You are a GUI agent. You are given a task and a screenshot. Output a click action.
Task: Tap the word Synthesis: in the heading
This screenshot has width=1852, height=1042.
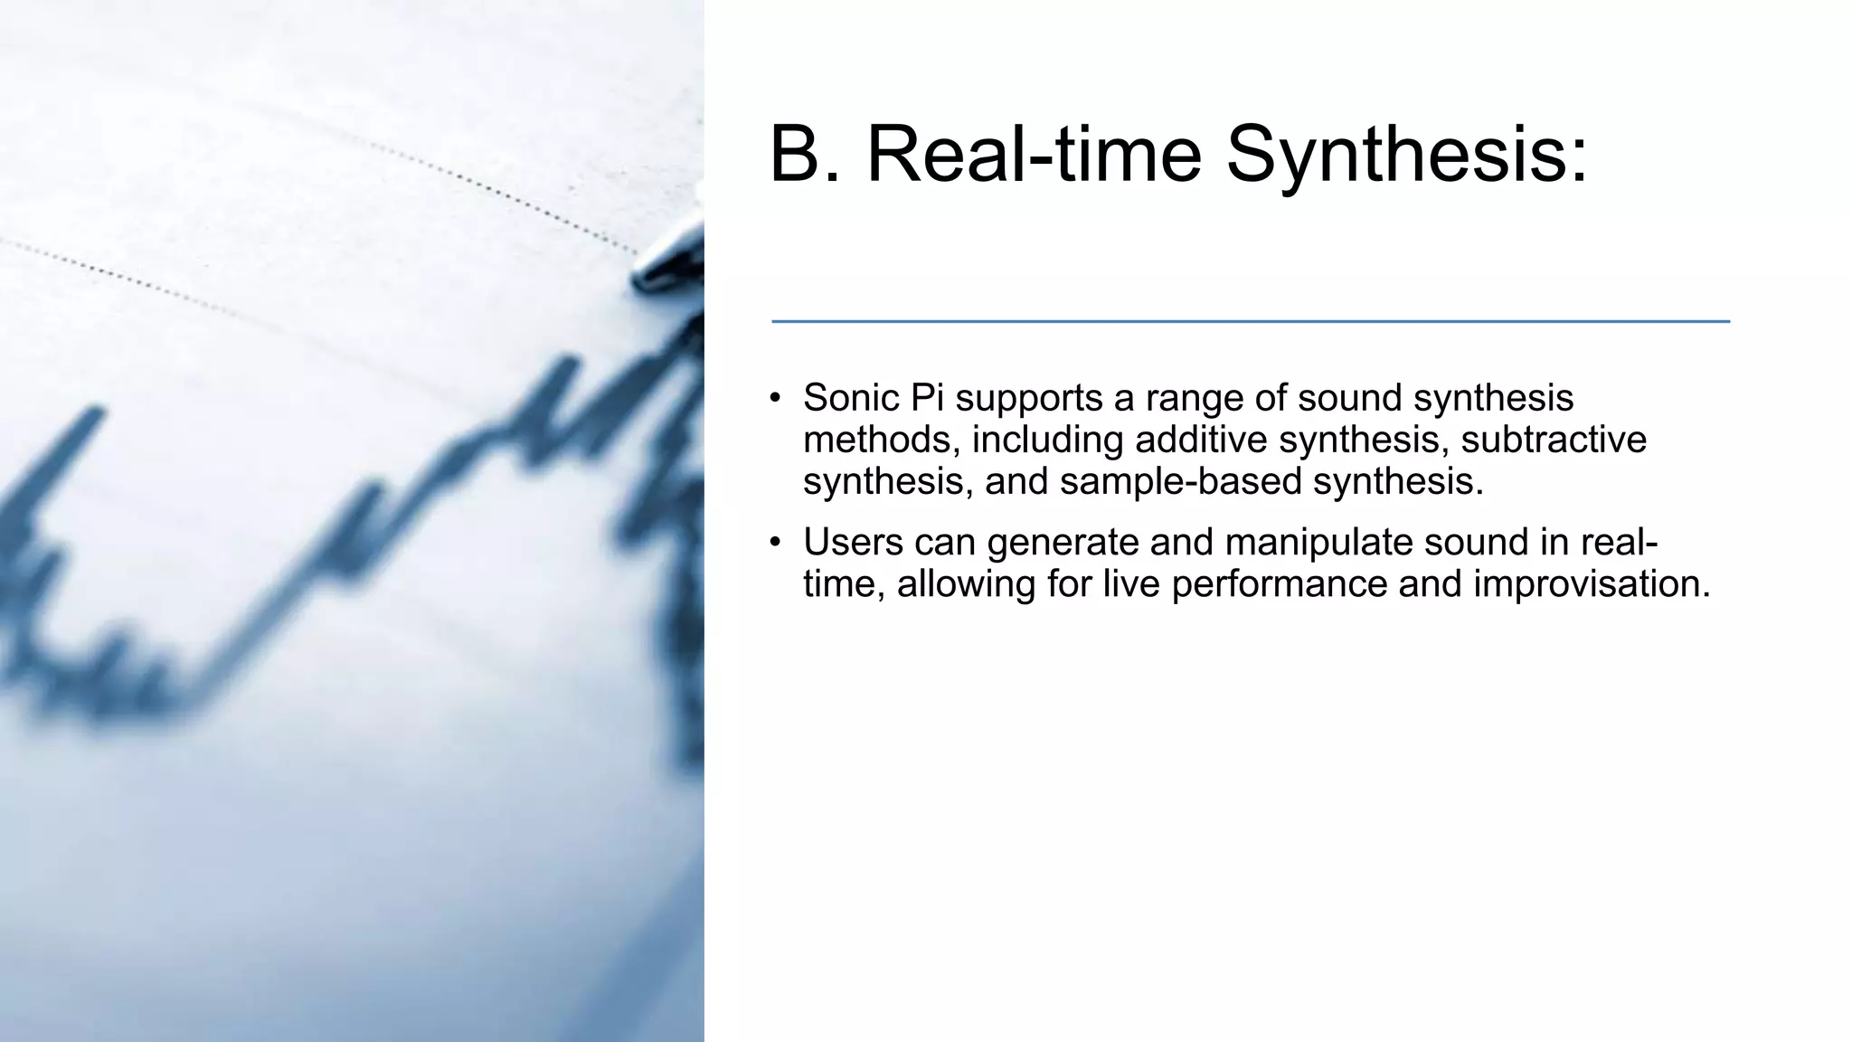[1406, 156]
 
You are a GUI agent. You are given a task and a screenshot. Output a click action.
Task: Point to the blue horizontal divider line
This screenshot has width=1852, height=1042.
[1250, 321]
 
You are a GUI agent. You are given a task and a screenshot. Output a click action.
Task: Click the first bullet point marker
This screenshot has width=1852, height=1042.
[775, 399]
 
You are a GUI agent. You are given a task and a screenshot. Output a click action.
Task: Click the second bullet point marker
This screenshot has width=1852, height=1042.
[775, 543]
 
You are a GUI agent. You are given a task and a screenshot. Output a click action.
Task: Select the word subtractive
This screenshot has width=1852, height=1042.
[1553, 440]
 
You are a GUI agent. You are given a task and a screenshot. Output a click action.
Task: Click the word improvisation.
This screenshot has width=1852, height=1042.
[1591, 583]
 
